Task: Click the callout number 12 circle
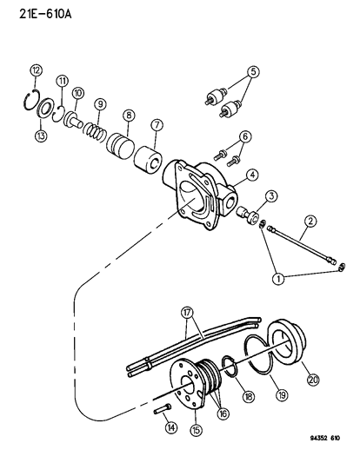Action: click(36, 69)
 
